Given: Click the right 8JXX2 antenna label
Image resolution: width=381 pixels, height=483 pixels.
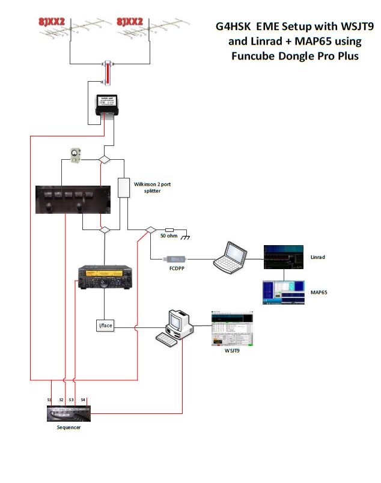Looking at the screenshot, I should [x=130, y=22].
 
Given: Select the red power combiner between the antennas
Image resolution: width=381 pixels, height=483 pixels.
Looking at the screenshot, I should [x=108, y=71].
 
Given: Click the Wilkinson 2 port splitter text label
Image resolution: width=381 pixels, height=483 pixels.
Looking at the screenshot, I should [x=153, y=187].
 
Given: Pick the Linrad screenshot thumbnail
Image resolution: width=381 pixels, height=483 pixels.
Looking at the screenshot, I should [x=285, y=257].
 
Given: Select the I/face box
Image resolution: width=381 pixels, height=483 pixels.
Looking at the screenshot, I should [x=105, y=326].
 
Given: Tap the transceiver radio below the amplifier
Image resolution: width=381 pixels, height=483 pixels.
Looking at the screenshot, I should [x=103, y=281].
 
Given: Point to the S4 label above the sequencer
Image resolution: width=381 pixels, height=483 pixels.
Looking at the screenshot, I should [x=84, y=399].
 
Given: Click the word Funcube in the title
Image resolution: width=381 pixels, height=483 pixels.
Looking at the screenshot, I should [x=255, y=56].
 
